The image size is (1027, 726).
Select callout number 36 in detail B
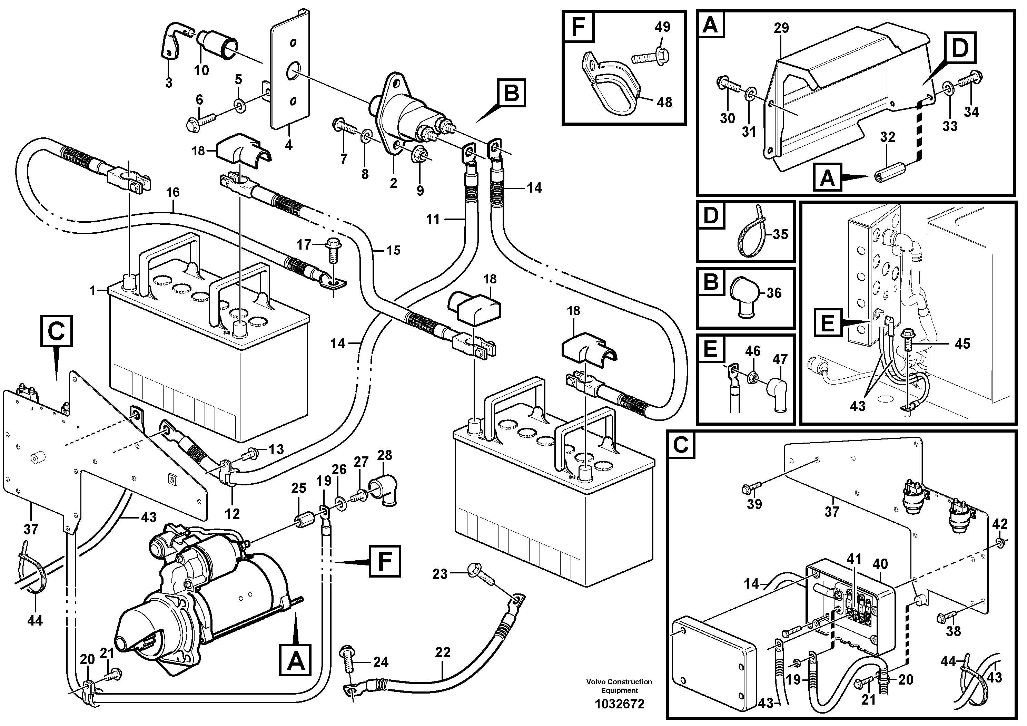(x=774, y=293)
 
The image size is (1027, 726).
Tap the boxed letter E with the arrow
(x=828, y=322)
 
